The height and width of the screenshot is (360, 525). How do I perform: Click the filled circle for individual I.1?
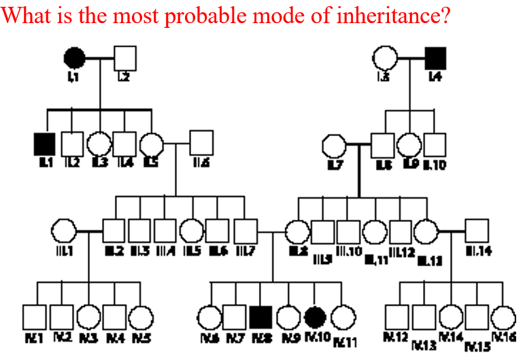(75, 59)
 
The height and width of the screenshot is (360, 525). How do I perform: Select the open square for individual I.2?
(125, 59)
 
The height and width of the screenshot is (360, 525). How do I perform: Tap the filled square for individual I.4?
(435, 59)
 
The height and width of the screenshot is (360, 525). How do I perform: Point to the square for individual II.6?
(201, 143)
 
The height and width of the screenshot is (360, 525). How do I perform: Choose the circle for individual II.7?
(333, 145)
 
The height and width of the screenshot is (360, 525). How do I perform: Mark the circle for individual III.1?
(63, 231)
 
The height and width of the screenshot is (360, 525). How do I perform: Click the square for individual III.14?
(478, 231)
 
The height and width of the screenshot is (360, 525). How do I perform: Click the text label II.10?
(434, 165)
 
